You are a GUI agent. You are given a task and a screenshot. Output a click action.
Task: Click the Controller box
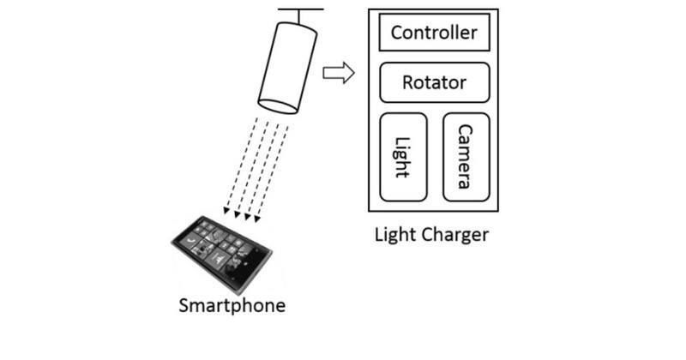pos(434,33)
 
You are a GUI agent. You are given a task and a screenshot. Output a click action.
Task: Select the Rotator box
pos(434,83)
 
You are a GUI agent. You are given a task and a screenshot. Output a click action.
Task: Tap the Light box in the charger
pos(403,156)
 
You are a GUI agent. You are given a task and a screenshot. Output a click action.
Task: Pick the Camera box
pos(466,156)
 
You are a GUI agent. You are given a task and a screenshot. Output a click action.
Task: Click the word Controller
pos(434,33)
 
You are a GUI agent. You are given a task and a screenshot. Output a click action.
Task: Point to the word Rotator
pos(434,83)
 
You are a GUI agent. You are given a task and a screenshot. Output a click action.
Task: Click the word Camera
pos(466,156)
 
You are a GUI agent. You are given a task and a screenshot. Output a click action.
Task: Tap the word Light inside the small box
pos(403,156)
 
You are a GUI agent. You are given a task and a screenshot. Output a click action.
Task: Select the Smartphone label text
pos(232,306)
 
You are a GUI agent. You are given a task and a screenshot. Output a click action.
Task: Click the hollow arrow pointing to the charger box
pos(338,73)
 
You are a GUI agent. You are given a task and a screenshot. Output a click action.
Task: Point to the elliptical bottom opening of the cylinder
pos(279,105)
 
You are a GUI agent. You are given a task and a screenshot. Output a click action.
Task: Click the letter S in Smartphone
pos(184,305)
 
